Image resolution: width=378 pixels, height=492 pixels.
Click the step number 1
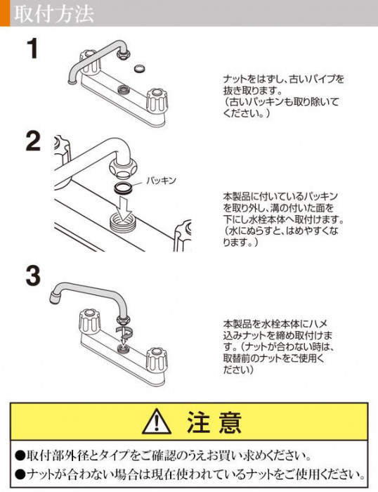point(32,48)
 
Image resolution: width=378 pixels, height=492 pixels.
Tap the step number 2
point(33,141)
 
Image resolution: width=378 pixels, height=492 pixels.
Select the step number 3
point(33,276)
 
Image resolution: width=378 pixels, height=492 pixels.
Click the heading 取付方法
point(53,13)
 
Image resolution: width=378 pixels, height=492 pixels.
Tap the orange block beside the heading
point(5,13)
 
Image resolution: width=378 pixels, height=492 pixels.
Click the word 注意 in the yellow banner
point(214,422)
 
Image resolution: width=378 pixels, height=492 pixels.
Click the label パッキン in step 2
point(161,181)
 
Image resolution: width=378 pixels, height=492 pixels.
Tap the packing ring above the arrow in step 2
point(123,188)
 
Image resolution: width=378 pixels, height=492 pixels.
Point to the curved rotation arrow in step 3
point(124,331)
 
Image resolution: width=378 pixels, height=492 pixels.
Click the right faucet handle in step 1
point(157,101)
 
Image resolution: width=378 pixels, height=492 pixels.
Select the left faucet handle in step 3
point(89,322)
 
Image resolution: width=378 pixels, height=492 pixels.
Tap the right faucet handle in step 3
point(157,360)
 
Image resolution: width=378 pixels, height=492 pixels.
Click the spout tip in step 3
point(56,297)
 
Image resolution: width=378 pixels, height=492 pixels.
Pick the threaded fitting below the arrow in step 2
point(122,220)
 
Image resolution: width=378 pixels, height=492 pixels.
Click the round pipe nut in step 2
point(123,167)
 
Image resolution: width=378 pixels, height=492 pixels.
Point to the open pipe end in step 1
point(73,82)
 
